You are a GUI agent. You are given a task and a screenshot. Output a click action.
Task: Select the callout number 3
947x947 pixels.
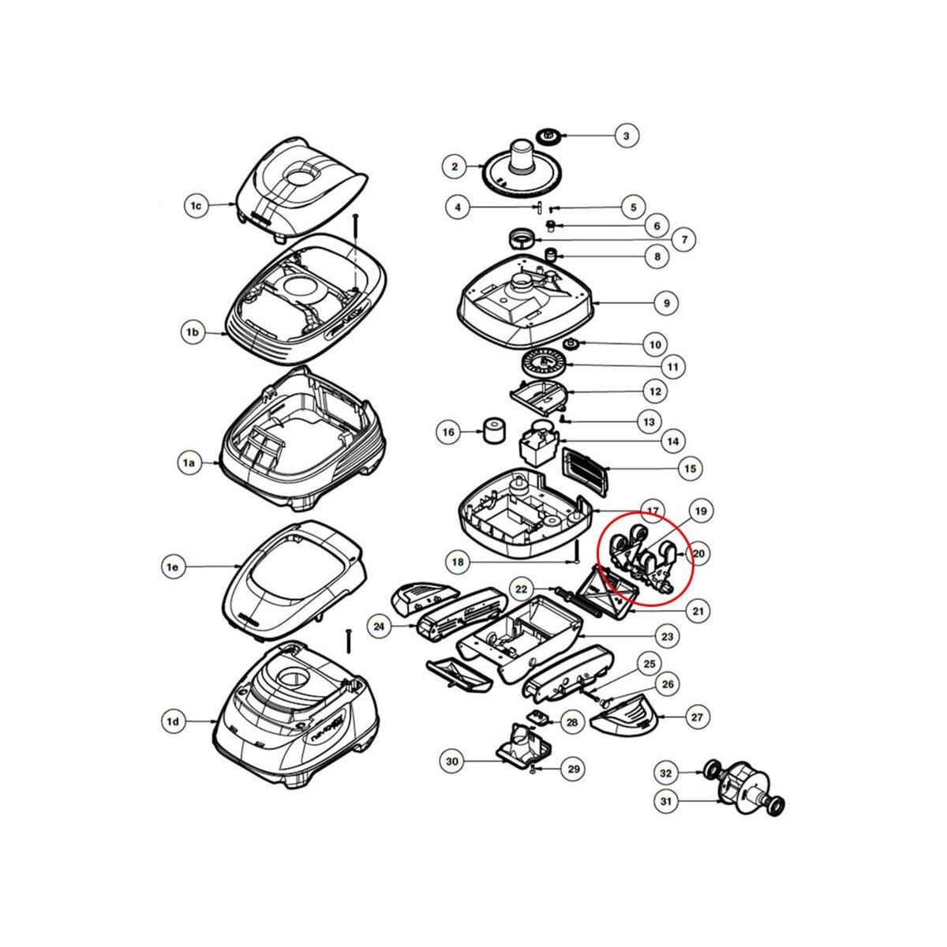coord(626,136)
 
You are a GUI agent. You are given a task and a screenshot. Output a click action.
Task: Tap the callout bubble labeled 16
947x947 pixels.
coord(448,432)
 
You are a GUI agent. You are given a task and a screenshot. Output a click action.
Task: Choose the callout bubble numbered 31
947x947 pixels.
coord(666,802)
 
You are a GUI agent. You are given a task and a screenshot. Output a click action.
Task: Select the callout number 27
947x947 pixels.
coord(697,717)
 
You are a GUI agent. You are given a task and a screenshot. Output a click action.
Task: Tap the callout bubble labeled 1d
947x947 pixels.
coord(173,721)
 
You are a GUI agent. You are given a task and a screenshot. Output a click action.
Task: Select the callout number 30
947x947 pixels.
coord(451,761)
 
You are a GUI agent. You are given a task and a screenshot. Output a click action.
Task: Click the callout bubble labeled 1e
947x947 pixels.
coord(174,567)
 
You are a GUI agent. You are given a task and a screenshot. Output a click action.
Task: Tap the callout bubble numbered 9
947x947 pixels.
coord(666,303)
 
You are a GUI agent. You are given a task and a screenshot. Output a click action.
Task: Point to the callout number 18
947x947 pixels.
coord(459,563)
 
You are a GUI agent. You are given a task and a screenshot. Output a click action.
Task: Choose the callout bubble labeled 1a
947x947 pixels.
coord(189,464)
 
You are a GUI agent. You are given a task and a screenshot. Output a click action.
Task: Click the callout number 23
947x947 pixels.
coord(668,636)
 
